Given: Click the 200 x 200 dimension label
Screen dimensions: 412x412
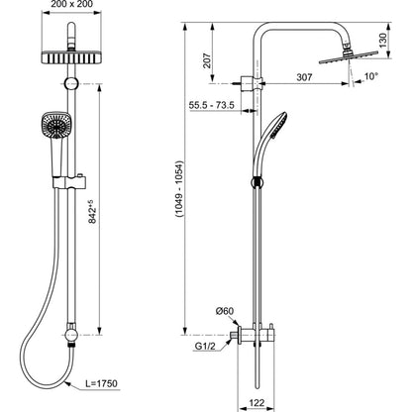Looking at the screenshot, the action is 71,4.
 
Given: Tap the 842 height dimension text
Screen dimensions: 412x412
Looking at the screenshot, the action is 93,211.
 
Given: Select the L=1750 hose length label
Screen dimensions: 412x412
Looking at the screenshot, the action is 101,383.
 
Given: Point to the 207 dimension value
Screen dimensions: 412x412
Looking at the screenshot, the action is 207,60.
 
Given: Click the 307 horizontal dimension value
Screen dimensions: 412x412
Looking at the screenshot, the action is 304,77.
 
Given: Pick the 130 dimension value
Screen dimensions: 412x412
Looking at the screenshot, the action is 382,41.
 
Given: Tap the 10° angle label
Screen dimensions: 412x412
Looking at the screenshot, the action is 371,76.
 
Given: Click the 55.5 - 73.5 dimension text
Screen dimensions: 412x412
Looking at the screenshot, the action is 212,105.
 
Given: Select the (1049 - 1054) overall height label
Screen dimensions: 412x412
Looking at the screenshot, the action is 179,188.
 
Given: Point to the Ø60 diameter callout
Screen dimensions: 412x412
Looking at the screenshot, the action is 225,311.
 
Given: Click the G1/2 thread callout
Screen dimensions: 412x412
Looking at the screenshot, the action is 205,346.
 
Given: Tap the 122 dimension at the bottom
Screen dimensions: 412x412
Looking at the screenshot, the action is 257,403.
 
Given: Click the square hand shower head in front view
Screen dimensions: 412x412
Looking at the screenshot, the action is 56,125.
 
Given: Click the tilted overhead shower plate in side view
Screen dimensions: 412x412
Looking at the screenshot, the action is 348,57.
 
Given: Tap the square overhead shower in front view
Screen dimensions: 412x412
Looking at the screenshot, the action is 71,57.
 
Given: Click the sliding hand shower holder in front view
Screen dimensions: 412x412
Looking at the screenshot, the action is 69,181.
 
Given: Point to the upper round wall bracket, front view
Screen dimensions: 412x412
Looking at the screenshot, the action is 71,84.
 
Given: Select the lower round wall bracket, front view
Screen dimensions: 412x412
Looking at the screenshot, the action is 71,336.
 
